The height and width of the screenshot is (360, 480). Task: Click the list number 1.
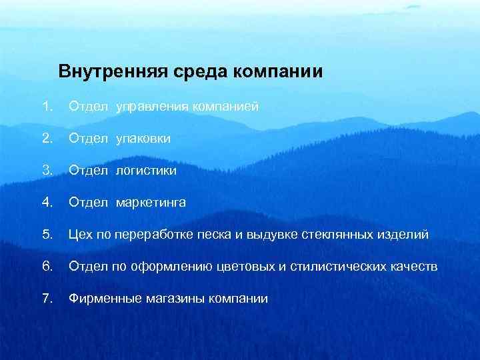pos(45,106)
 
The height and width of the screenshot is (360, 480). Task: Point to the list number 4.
pos(45,202)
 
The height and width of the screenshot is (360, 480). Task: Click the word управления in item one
pos(153,107)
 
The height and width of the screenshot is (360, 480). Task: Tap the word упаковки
pos(143,139)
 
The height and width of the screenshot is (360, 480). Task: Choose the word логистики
pos(147,171)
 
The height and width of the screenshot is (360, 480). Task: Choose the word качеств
pos(415,267)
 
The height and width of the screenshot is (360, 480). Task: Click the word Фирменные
pos(103,299)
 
